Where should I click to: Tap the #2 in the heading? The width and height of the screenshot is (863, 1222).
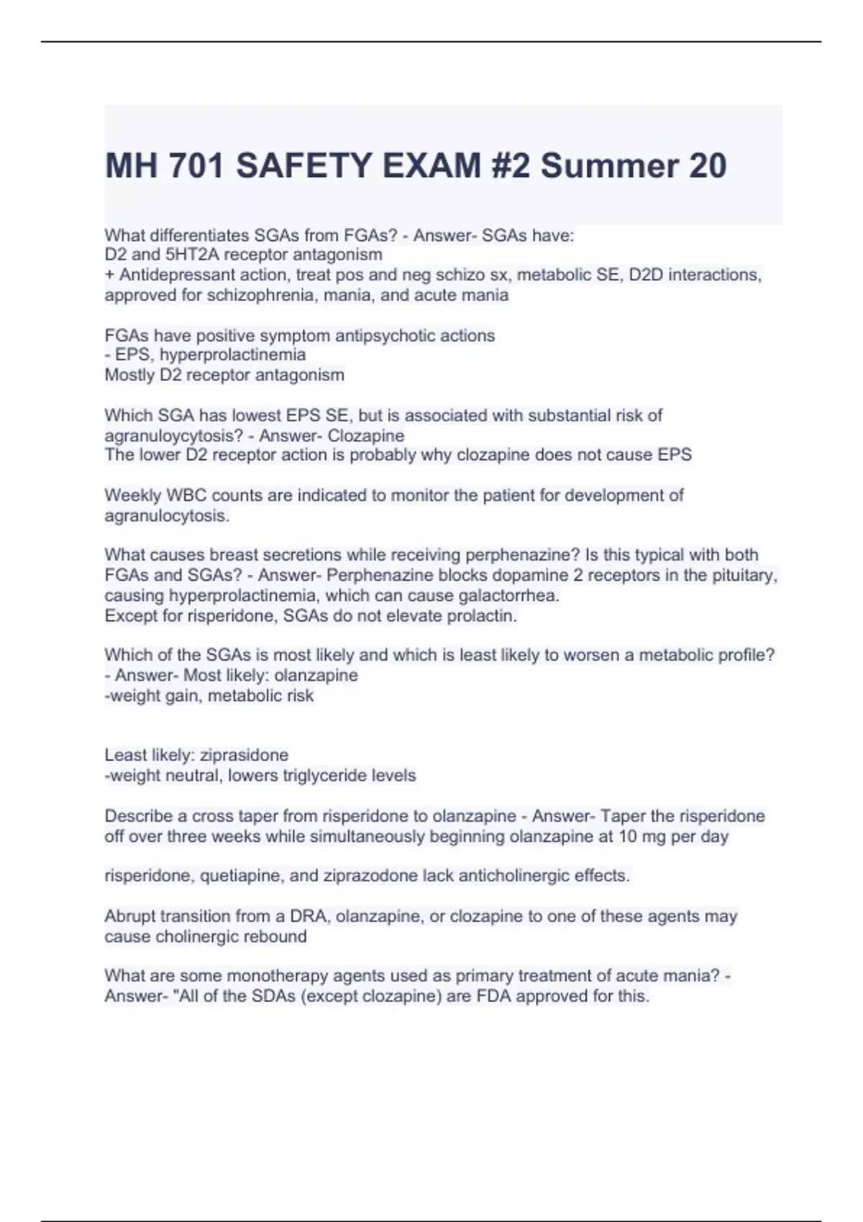pos(511,166)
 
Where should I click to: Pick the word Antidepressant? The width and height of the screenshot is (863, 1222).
pos(170,275)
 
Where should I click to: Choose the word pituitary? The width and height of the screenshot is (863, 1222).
pos(747,575)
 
